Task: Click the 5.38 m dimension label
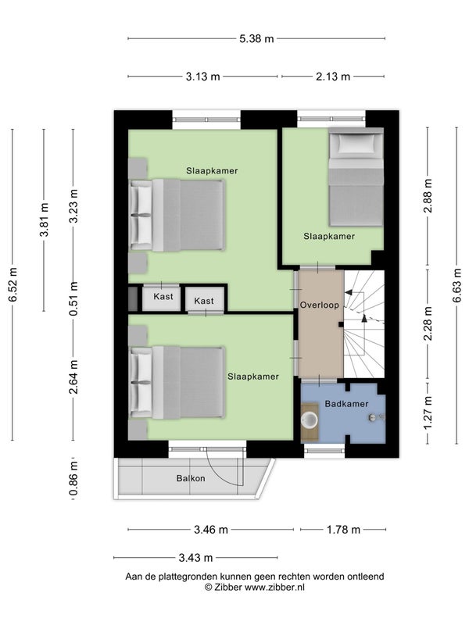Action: pyautogui.click(x=256, y=38)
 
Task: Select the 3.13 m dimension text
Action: pyautogui.click(x=202, y=77)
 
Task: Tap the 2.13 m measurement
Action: pyautogui.click(x=333, y=77)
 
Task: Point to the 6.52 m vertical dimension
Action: pyautogui.click(x=13, y=284)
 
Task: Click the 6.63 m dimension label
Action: pyautogui.click(x=457, y=285)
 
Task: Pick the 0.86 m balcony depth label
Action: pyautogui.click(x=73, y=479)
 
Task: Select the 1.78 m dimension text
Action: pyautogui.click(x=343, y=530)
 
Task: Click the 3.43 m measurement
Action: pyautogui.click(x=195, y=558)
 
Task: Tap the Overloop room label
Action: pyautogui.click(x=320, y=305)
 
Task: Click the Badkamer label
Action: pyautogui.click(x=346, y=404)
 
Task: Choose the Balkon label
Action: pyautogui.click(x=191, y=478)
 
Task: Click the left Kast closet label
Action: pyautogui.click(x=163, y=297)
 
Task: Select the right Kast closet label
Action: pyautogui.click(x=204, y=301)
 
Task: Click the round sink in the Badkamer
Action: pyautogui.click(x=309, y=420)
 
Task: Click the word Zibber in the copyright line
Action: pyautogui.click(x=227, y=587)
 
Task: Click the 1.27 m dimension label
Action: pyautogui.click(x=428, y=413)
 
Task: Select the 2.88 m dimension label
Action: pyautogui.click(x=428, y=196)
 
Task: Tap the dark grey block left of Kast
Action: pyautogui.click(x=133, y=298)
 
